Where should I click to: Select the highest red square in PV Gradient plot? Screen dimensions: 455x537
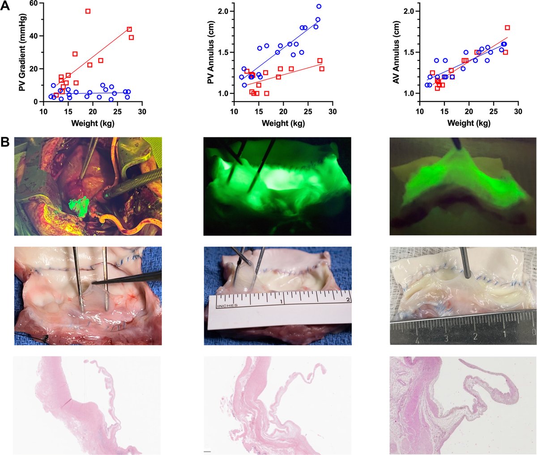click(88, 11)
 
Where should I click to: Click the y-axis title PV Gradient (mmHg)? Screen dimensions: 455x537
click(21, 52)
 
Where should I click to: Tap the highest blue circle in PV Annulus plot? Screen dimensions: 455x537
click(319, 6)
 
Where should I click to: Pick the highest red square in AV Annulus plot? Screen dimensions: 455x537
click(507, 28)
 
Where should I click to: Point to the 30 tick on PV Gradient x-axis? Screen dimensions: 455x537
click(142, 111)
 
